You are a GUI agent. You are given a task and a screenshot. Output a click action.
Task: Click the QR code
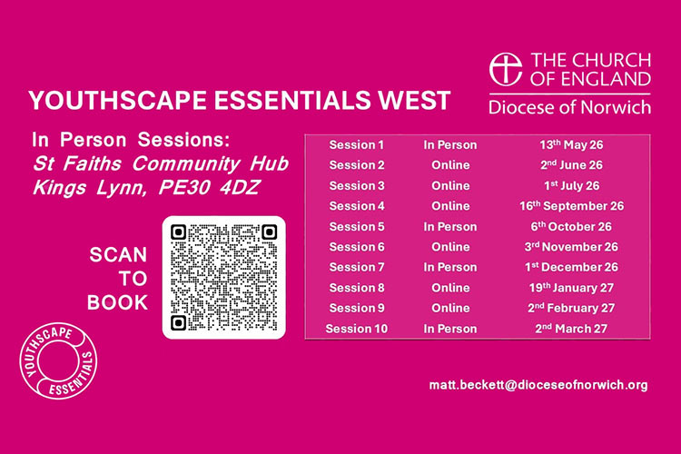click(x=223, y=278)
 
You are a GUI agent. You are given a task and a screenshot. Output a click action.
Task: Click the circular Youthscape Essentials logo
click(x=62, y=368)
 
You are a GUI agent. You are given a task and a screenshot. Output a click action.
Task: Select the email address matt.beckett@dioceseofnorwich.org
click(x=538, y=385)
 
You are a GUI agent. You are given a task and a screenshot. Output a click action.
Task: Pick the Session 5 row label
click(x=357, y=226)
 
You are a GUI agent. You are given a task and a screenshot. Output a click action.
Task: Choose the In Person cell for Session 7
click(x=450, y=267)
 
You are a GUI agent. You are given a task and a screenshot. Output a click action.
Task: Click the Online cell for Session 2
click(x=450, y=165)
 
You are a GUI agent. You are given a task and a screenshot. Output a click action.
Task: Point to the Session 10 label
click(x=357, y=328)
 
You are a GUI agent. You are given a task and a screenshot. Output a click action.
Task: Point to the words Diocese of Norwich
click(x=569, y=107)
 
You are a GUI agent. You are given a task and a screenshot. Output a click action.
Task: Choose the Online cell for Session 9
click(x=450, y=308)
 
